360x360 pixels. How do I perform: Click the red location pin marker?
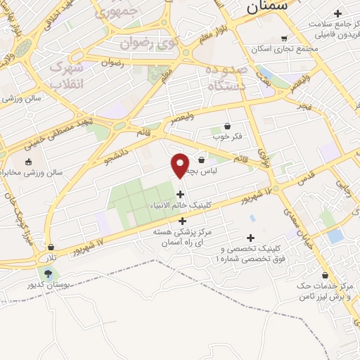tap(180, 165)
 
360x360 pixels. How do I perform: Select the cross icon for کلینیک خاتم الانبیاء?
tap(181, 194)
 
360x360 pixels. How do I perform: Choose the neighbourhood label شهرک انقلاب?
tap(67, 73)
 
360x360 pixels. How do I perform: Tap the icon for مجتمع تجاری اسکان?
tap(284, 39)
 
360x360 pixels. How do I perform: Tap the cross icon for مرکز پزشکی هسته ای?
tap(183, 221)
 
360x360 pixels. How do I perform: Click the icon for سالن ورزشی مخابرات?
tap(28, 163)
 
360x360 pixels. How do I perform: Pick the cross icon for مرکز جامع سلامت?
tap(338, 13)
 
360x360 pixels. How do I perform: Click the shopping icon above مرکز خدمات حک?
tap(324, 275)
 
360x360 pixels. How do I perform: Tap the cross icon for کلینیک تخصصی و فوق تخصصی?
tap(251, 238)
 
